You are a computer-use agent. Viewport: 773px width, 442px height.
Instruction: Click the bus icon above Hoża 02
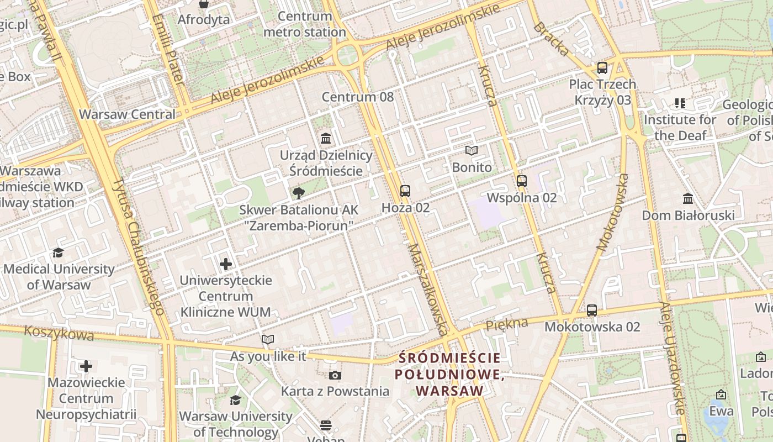point(405,191)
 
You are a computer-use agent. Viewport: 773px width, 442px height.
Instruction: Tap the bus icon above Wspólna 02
point(522,181)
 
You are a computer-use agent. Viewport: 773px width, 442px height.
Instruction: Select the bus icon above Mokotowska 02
point(592,310)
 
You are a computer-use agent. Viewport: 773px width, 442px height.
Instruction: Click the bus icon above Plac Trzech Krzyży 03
point(602,68)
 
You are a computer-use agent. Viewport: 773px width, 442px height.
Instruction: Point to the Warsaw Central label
point(127,114)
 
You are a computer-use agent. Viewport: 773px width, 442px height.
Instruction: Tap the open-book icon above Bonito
point(471,150)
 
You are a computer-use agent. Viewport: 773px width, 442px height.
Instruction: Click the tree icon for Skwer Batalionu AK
point(298,193)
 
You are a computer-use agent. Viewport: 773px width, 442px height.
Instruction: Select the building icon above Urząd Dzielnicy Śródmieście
point(326,138)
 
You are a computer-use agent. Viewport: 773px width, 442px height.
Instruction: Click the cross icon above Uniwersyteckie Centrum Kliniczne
point(226,264)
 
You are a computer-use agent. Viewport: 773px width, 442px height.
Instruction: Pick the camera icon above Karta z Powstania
point(335,376)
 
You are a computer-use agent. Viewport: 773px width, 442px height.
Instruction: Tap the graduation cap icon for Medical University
point(58,253)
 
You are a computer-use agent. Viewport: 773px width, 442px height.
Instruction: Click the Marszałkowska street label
point(428,290)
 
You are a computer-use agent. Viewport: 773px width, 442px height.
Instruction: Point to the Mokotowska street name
point(613,213)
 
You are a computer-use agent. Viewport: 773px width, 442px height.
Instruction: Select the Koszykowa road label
point(59,333)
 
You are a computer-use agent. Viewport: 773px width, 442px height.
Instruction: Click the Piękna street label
point(506,324)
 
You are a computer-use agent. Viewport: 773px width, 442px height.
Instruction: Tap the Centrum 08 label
point(358,97)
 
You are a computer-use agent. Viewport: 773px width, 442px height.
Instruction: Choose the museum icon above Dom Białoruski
point(688,198)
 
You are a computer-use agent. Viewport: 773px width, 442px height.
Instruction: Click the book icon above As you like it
point(268,339)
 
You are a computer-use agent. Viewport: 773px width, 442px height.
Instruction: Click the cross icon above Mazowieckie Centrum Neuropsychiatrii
point(86,366)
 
